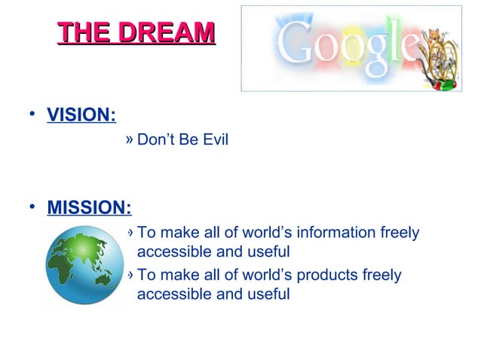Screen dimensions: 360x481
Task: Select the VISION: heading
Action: [x=81, y=116]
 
